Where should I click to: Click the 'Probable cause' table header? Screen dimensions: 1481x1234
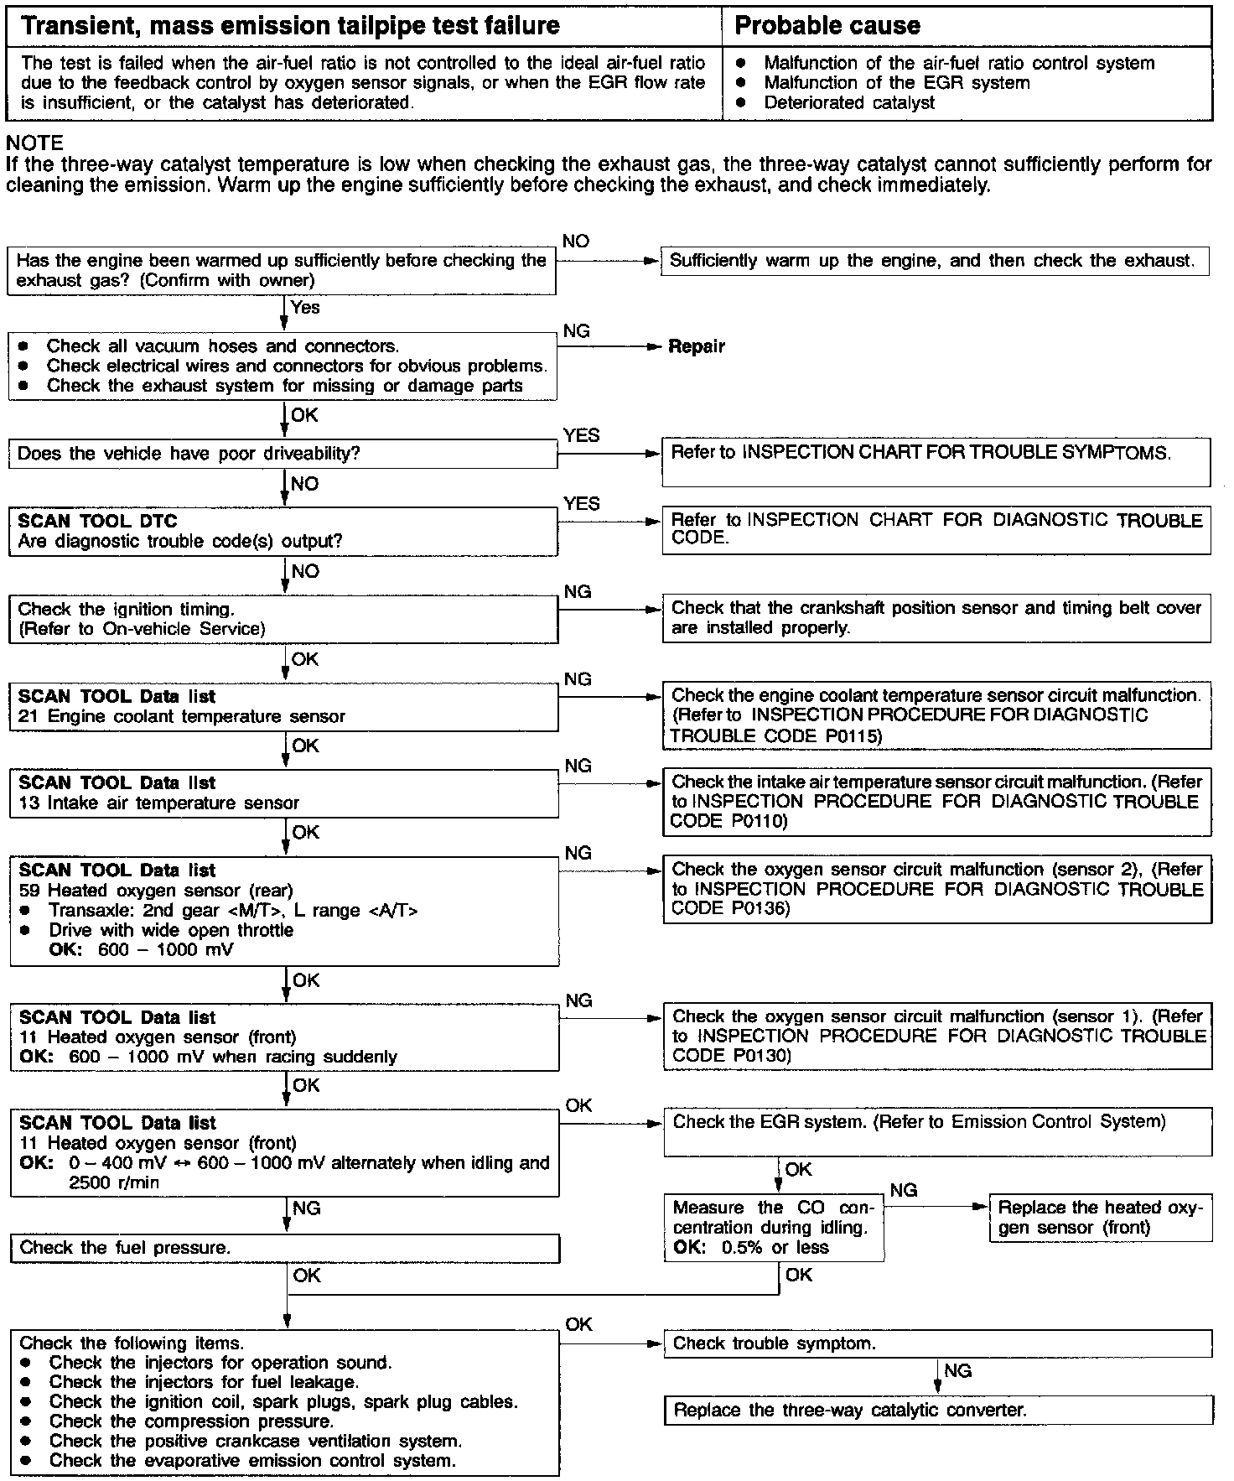(827, 26)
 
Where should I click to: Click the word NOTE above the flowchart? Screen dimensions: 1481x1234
(34, 143)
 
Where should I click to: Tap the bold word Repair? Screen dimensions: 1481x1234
(697, 346)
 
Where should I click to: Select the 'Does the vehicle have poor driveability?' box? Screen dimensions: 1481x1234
(283, 454)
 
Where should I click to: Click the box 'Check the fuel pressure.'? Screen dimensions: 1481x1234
(284, 1248)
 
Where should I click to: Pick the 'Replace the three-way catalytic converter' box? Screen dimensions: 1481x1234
(937, 1410)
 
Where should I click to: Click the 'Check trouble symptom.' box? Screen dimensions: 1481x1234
(937, 1343)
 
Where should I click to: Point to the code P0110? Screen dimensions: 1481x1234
(759, 821)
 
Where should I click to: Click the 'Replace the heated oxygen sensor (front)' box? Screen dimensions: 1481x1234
(1100, 1218)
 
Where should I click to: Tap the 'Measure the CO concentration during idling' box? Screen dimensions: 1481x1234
(773, 1227)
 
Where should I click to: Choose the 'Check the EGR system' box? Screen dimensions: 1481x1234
(937, 1131)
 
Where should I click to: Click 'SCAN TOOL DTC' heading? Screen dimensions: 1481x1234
(97, 521)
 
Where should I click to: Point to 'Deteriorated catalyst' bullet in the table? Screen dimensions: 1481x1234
(848, 103)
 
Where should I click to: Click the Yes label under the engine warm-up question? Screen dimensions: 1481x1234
(305, 308)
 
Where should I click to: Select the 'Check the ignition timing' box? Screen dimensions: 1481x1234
(283, 619)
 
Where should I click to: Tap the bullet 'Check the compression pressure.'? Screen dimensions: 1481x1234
(191, 1421)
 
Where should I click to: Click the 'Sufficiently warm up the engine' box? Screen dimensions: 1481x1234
(934, 261)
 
